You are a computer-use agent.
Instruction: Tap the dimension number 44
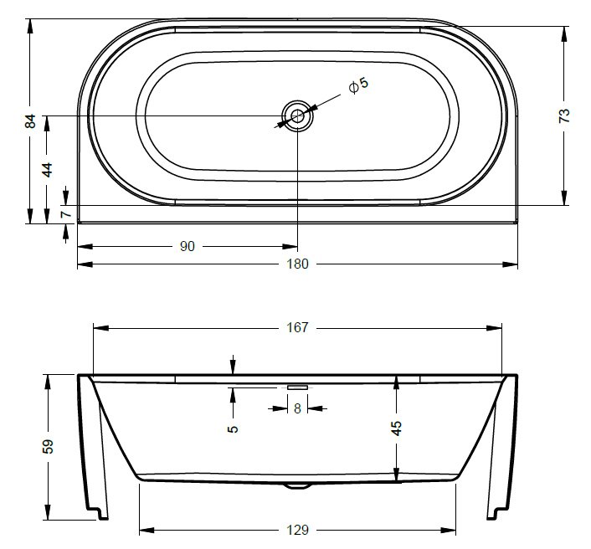48,169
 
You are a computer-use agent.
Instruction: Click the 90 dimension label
187,246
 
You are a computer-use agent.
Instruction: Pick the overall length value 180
298,264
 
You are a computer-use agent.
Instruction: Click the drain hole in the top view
297,116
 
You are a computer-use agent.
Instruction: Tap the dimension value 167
298,328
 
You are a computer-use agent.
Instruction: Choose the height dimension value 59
48,445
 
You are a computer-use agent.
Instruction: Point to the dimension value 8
297,408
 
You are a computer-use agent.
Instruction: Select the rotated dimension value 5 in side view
233,428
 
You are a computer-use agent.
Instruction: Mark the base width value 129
298,530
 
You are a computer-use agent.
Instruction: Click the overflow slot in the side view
297,387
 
